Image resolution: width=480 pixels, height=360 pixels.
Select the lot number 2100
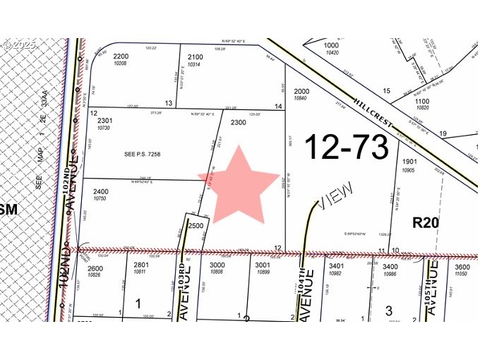[196, 56]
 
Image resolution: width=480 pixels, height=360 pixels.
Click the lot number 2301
[105, 121]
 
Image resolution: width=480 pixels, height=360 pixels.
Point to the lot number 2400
[101, 192]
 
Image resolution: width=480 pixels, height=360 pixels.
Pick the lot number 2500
[196, 225]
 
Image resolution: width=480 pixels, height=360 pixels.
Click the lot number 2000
[302, 91]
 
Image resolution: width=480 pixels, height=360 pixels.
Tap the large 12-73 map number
[347, 148]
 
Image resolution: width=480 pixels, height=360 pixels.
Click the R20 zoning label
[426, 223]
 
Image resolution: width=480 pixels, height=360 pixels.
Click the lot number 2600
[95, 268]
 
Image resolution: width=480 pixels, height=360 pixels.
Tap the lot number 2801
[141, 265]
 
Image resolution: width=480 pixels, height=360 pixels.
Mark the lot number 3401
[336, 265]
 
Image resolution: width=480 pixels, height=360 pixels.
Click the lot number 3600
[462, 266]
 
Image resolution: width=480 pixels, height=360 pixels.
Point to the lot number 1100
[422, 100]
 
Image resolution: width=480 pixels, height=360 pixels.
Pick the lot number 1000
[331, 45]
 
